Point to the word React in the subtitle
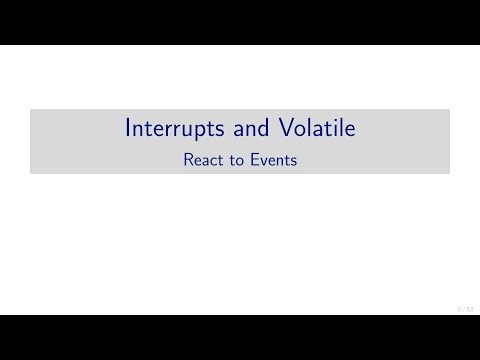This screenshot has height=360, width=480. click(x=199, y=158)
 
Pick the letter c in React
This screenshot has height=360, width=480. click(x=209, y=158)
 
